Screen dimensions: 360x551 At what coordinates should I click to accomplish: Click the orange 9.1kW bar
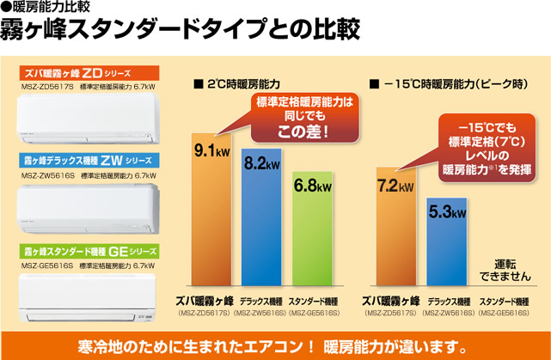tap(211, 215)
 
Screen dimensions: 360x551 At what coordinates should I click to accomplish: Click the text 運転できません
tap(496, 269)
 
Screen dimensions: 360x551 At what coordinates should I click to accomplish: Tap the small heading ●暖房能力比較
tap(43, 9)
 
